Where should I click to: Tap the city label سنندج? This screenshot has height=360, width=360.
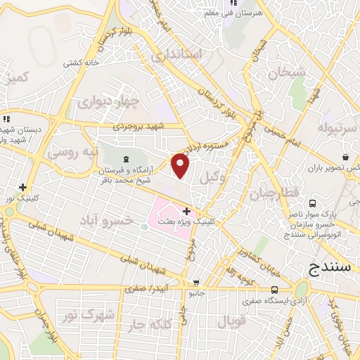[331, 268]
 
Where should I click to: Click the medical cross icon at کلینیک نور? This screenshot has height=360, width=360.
[23, 187]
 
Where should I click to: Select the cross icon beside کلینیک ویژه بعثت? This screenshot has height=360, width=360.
[186, 210]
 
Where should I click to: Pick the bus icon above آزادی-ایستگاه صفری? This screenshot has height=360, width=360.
[274, 289]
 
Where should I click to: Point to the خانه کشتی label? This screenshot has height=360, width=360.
[82, 63]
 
